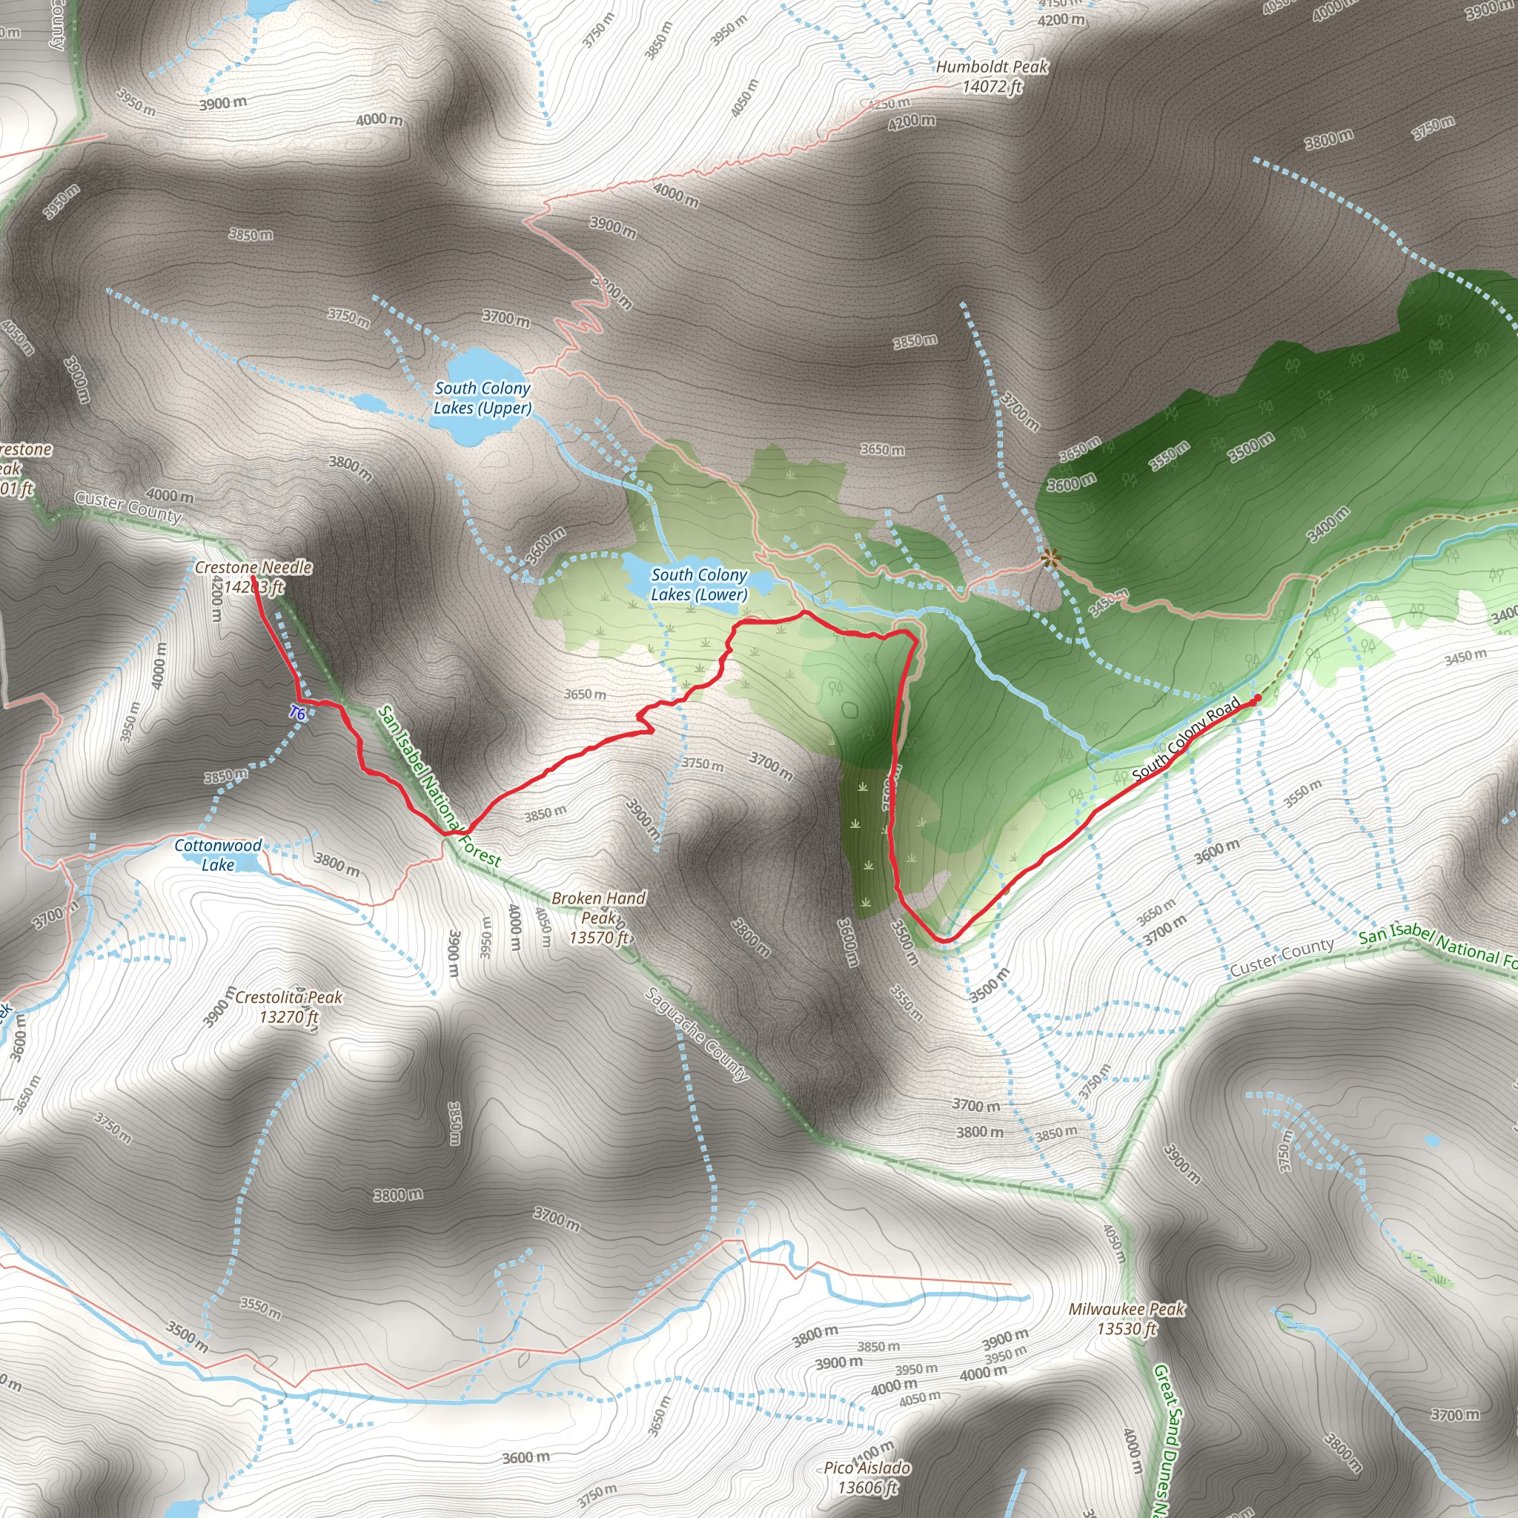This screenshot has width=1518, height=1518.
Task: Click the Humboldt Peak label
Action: [x=992, y=77]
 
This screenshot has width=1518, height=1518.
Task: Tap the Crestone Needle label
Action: [x=253, y=577]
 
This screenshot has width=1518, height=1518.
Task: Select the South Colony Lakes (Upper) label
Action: [x=483, y=398]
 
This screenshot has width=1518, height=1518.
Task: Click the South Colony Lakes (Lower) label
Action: [x=698, y=585]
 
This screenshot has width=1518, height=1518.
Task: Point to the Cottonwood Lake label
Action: [x=218, y=855]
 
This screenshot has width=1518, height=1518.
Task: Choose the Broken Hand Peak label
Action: [x=599, y=917]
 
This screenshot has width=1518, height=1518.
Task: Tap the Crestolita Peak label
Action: [x=288, y=1007]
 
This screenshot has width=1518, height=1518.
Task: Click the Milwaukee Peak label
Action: [x=1126, y=1319]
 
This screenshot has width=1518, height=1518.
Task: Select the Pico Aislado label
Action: [x=867, y=1477]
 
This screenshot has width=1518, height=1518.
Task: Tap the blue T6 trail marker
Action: [x=296, y=714]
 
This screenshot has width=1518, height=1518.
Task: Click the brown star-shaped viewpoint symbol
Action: [x=1049, y=559]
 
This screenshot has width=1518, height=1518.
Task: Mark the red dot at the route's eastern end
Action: [x=1257, y=697]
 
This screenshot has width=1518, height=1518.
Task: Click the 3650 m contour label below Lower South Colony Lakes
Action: [x=585, y=694]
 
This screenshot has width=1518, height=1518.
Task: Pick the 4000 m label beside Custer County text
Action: [x=170, y=496]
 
